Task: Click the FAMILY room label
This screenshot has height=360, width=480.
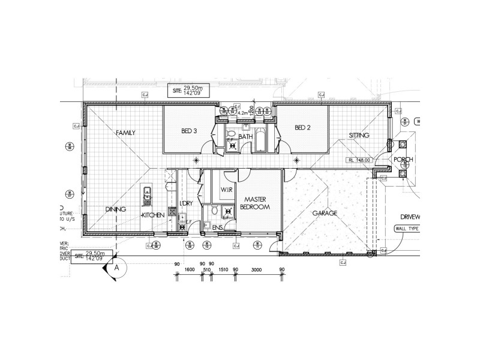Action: pyautogui.click(x=125, y=133)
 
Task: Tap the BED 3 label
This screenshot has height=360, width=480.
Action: pyautogui.click(x=190, y=130)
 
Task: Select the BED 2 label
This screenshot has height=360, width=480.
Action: pyautogui.click(x=302, y=127)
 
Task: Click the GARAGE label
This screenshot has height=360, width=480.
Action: pyautogui.click(x=324, y=213)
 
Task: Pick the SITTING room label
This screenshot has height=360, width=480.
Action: pyautogui.click(x=359, y=136)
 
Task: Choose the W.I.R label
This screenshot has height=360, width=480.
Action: pyautogui.click(x=226, y=190)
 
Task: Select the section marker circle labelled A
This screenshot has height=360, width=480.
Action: pyautogui.click(x=118, y=269)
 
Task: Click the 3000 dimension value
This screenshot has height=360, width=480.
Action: pyautogui.click(x=257, y=270)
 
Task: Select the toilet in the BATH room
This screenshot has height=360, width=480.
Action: pyautogui.click(x=230, y=134)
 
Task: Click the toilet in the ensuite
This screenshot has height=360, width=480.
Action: pyautogui.click(x=207, y=226)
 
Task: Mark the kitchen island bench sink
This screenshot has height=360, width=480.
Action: pyautogui.click(x=146, y=193)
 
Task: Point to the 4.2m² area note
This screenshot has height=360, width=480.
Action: pyautogui.click(x=244, y=112)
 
